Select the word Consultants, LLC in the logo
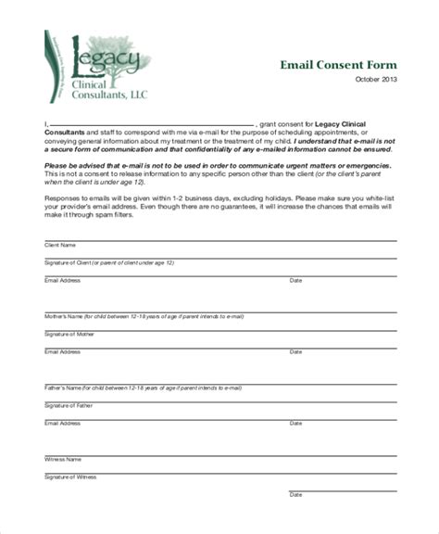(x=109, y=94)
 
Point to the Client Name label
(x=61, y=246)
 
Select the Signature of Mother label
(x=69, y=334)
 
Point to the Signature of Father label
(x=69, y=405)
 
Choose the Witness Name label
(x=63, y=459)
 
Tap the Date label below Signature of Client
(x=296, y=280)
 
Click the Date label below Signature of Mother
(x=296, y=351)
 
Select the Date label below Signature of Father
(x=296, y=423)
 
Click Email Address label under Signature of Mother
(x=63, y=351)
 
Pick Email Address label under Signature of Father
(x=63, y=423)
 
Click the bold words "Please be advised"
(x=74, y=165)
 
